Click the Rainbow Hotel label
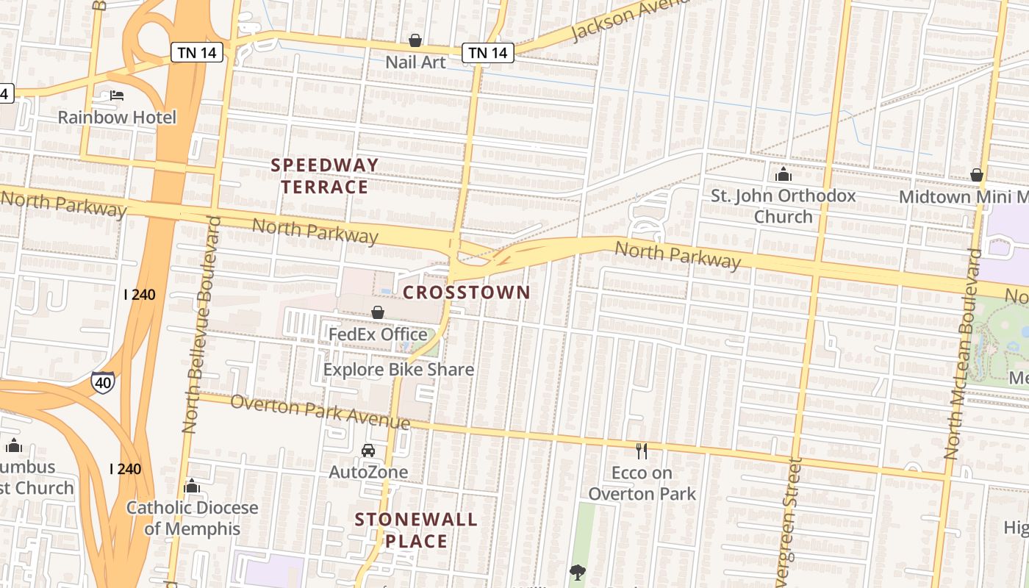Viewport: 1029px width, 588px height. click(117, 118)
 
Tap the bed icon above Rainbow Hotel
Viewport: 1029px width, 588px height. click(117, 96)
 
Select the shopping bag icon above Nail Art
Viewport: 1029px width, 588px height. click(415, 40)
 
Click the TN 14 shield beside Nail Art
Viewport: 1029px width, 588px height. click(487, 52)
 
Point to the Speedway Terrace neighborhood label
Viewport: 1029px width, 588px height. click(325, 176)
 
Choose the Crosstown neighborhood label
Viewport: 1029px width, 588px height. click(467, 293)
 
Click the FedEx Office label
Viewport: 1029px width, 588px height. click(378, 334)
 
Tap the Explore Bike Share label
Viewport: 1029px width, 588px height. click(398, 370)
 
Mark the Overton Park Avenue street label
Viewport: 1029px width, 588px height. click(320, 412)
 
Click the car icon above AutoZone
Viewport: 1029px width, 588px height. click(368, 450)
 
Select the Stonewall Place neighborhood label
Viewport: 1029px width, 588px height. click(416, 531)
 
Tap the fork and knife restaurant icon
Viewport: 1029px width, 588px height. click(642, 451)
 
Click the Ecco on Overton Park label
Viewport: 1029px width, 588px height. click(642, 483)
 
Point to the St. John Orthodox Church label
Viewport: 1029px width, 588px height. click(784, 206)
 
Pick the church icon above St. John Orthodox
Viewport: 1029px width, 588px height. click(784, 175)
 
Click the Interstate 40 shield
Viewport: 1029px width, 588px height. click(103, 382)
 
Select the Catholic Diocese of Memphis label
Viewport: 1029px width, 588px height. click(193, 518)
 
